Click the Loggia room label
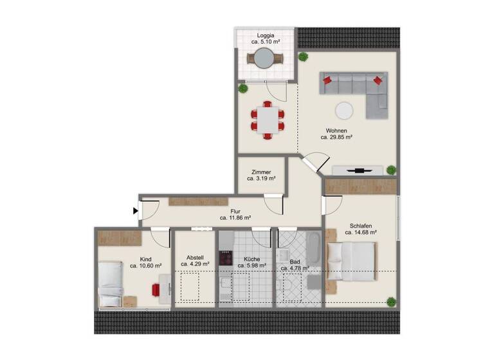pos(266,35)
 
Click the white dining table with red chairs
pos(266,119)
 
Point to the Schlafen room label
pos(362,226)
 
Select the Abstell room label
pos(195,255)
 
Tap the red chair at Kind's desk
pos(156,291)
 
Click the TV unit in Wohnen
pos(360,170)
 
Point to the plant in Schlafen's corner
pos(390,301)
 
